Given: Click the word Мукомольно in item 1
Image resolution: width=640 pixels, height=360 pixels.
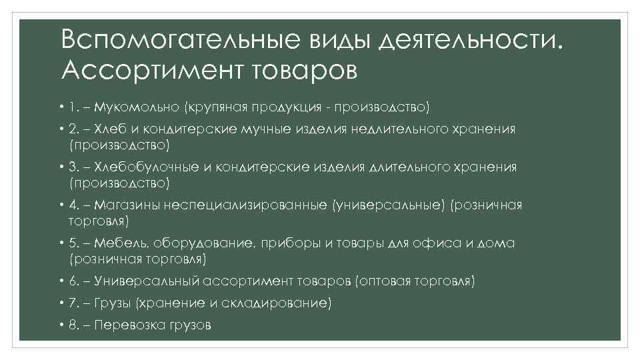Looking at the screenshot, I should [137, 107].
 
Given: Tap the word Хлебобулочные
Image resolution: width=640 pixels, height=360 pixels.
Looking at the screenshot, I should [145, 167].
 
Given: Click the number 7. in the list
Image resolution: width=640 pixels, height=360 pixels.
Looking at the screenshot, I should [74, 303].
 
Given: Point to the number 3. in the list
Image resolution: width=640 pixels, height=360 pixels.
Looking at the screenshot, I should [74, 167].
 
